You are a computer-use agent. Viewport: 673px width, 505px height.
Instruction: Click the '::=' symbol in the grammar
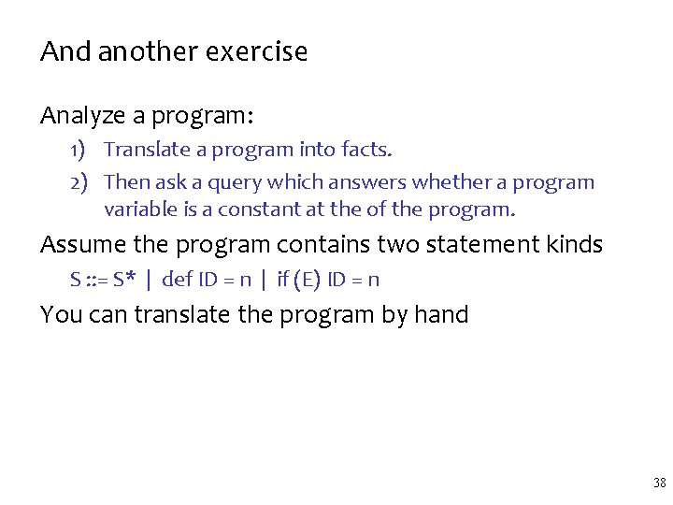click(96, 280)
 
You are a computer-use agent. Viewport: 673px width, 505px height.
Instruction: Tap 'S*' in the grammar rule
click(126, 280)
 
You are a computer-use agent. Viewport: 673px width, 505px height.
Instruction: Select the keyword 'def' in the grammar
click(178, 280)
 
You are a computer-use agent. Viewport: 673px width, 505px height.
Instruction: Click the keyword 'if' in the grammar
click(283, 280)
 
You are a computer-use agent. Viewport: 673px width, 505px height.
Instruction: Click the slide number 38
click(659, 483)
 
